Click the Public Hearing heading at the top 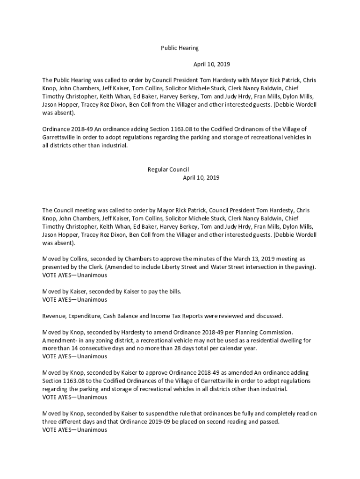pyautogui.click(x=180, y=48)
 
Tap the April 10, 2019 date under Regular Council pyautogui.click(x=201, y=178)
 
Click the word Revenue pyautogui.click(x=54, y=316)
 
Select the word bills pyautogui.click(x=173, y=291)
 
